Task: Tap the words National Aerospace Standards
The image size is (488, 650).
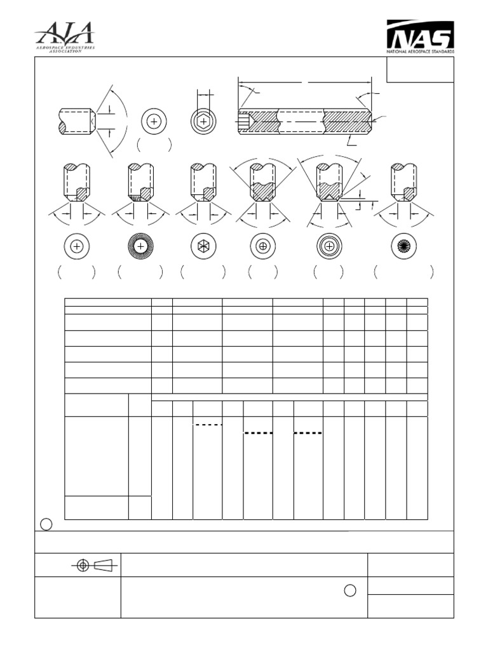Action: pos(420,50)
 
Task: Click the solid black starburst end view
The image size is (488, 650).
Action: pos(404,247)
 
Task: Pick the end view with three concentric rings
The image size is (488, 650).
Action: pos(329,247)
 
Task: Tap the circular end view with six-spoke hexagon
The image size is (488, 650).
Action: pos(203,247)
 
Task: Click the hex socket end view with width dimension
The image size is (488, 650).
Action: pos(203,121)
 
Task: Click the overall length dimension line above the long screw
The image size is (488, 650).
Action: pos(304,81)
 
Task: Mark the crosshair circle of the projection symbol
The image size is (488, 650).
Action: pos(83,566)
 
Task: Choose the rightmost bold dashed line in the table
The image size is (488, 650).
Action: pos(308,433)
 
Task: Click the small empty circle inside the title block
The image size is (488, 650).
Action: pos(349,590)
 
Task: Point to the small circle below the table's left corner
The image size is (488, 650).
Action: pos(46,524)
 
